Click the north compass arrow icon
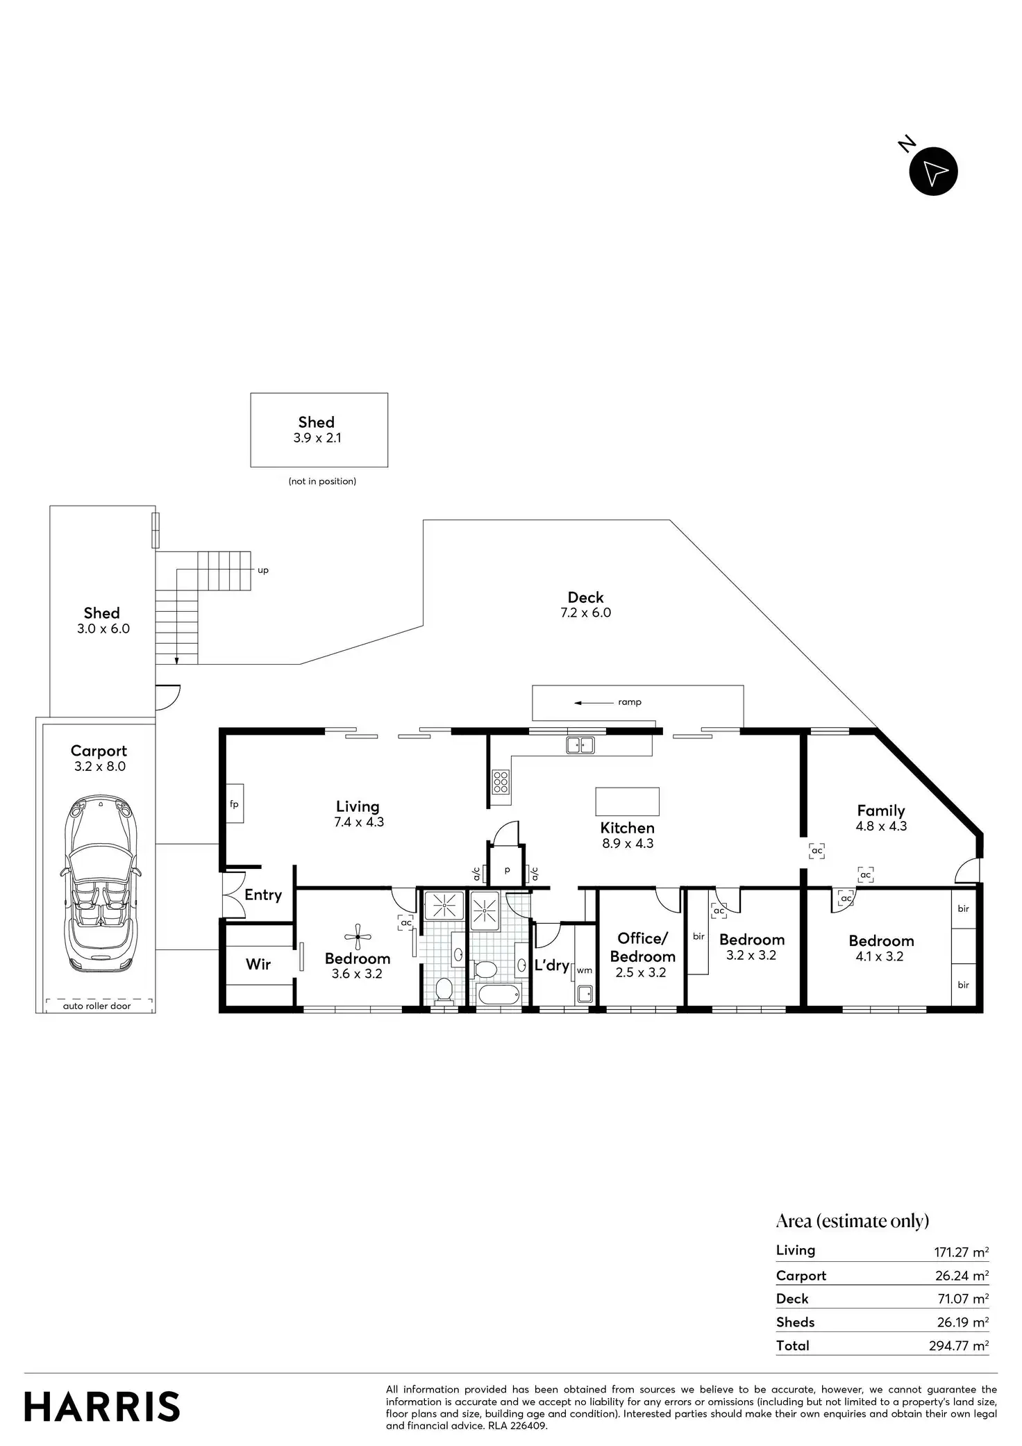[x=933, y=172]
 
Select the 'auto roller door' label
[x=97, y=1006]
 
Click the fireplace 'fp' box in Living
[x=235, y=804]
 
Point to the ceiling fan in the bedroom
[x=358, y=937]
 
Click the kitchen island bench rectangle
[x=627, y=801]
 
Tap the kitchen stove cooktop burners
[x=501, y=782]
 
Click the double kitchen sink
[x=580, y=745]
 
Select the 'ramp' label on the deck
[x=630, y=702]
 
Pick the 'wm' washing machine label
[x=585, y=970]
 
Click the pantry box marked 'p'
[x=507, y=870]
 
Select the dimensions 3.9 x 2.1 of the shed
[x=317, y=438]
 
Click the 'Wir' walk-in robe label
[x=258, y=964]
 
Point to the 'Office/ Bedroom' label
[x=642, y=947]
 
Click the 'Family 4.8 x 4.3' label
[x=881, y=817]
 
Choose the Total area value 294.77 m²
[x=958, y=1345]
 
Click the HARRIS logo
[x=102, y=1406]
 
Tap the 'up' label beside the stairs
[x=263, y=570]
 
